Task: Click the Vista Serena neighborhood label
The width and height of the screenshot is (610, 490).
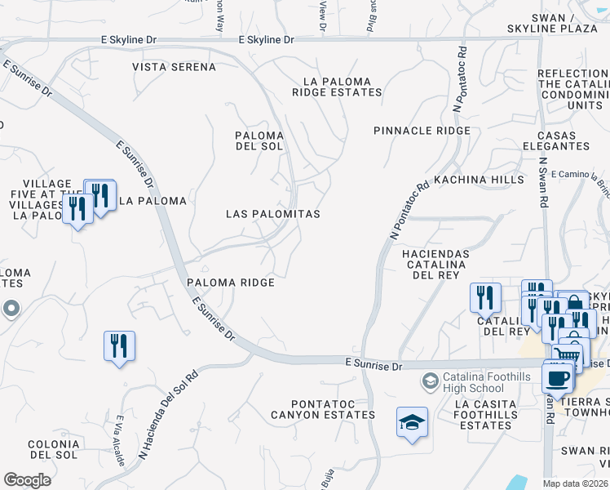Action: tap(174, 66)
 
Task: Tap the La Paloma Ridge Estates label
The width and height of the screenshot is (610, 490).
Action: tap(337, 87)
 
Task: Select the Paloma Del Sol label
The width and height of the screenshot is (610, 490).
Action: tap(259, 140)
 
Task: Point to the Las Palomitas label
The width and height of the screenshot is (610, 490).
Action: tap(272, 213)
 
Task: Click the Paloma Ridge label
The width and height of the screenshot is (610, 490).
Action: tap(230, 282)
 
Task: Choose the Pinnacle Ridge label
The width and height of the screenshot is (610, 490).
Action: tap(422, 131)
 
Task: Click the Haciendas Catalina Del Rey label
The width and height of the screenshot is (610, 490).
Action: tap(436, 265)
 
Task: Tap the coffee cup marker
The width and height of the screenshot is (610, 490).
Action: tap(559, 378)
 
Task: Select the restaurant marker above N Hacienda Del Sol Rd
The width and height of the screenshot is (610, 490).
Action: tap(120, 345)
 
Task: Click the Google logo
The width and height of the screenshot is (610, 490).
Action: tap(27, 479)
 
